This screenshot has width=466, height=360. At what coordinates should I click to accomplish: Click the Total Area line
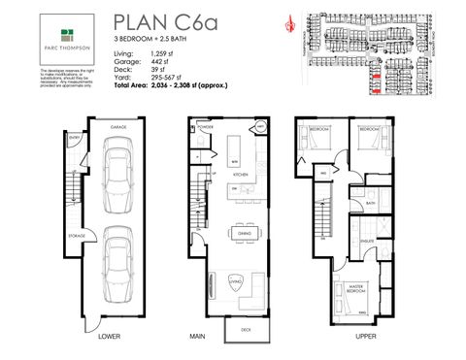[x=173, y=86]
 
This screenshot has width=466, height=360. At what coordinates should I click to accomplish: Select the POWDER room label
[x=205, y=127]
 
